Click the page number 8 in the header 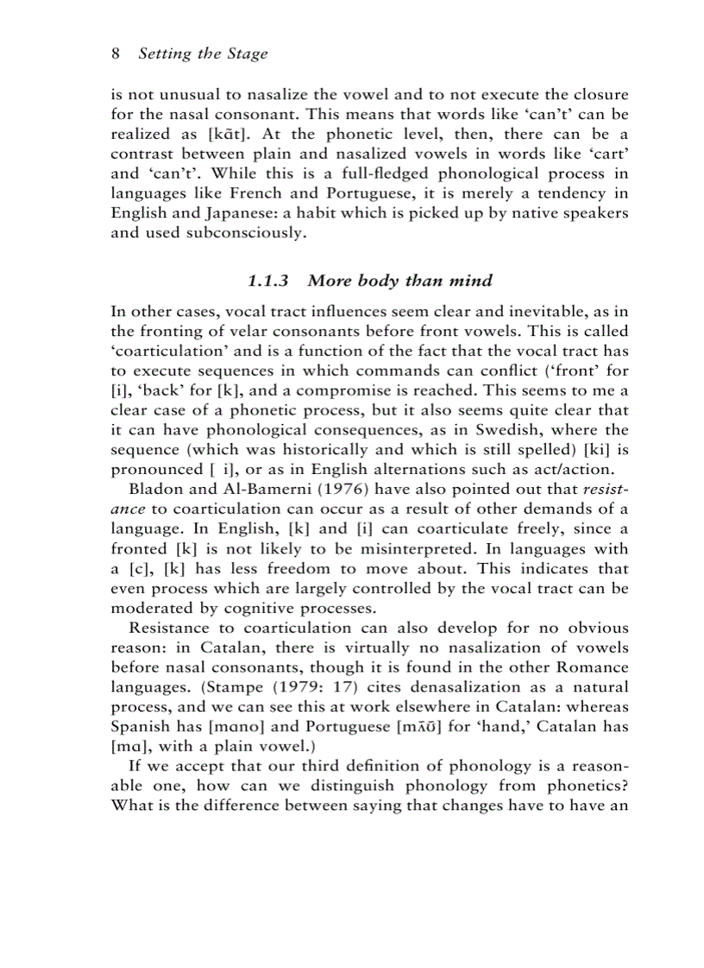click(x=116, y=53)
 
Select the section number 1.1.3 click(x=269, y=280)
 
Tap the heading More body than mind click(x=399, y=280)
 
